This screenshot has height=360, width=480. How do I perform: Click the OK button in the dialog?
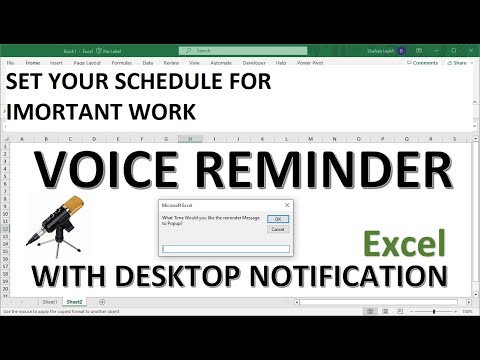pyautogui.click(x=279, y=218)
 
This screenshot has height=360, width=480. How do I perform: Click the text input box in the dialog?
pyautogui.click(x=226, y=249)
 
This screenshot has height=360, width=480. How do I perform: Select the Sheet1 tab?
pyautogui.click(x=47, y=300)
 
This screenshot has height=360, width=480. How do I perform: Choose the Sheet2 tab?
pyautogui.click(x=74, y=300)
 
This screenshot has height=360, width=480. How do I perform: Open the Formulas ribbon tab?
pyautogui.click(x=120, y=62)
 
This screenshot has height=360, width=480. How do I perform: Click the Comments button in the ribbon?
pyautogui.click(x=422, y=62)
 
